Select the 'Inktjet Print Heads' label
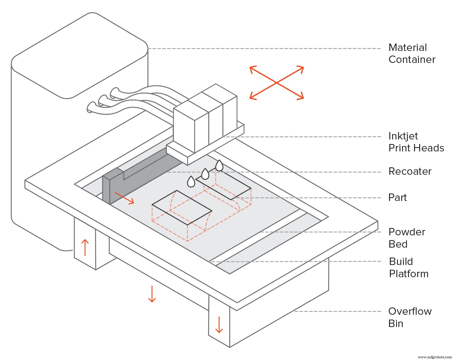416,142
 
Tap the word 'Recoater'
409,171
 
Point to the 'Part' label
397,198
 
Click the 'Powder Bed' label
406,238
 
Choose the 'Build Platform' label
408,268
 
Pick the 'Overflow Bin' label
409,317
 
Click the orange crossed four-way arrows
276,83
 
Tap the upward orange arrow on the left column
85,247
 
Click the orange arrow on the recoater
125,198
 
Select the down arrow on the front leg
219,325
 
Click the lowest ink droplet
191,182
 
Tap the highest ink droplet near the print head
219,165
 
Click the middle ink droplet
205,174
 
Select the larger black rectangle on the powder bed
182,208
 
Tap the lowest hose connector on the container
91,107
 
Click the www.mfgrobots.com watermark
435,357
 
